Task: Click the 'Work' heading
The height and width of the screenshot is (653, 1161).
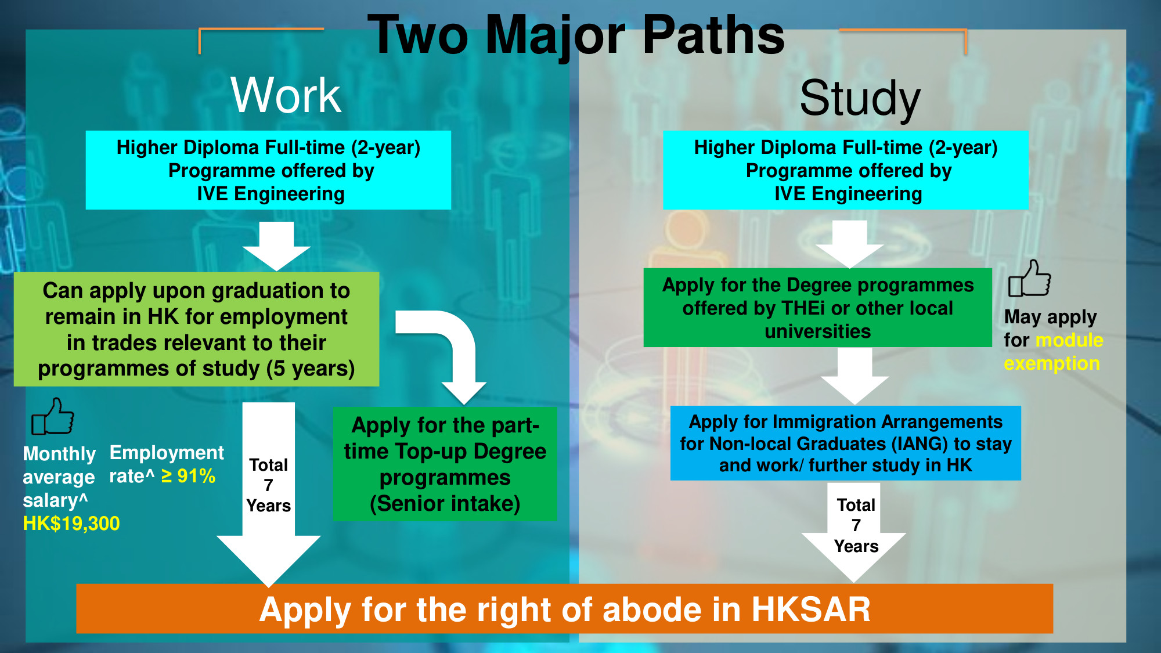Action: (x=286, y=95)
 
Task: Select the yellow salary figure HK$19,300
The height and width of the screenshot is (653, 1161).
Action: (x=71, y=524)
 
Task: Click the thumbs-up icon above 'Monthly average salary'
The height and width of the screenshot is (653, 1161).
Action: (x=53, y=416)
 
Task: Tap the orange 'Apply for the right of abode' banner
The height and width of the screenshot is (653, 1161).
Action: (x=564, y=609)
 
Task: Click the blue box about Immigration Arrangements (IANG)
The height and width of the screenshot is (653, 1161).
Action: (x=845, y=443)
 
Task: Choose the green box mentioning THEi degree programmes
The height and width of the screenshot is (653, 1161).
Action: (x=817, y=308)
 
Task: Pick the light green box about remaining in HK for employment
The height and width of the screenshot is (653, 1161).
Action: (x=196, y=329)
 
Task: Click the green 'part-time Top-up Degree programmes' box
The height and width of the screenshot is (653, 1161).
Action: (x=445, y=464)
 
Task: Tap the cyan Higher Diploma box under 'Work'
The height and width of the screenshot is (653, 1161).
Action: (x=268, y=170)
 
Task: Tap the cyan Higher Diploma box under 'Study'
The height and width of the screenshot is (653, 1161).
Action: (x=845, y=170)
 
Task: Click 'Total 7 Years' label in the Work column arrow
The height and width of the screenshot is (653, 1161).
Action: (x=268, y=485)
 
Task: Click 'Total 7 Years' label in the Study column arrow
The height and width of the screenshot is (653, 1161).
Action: (x=856, y=525)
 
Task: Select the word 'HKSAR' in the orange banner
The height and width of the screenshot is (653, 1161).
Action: (x=811, y=609)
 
